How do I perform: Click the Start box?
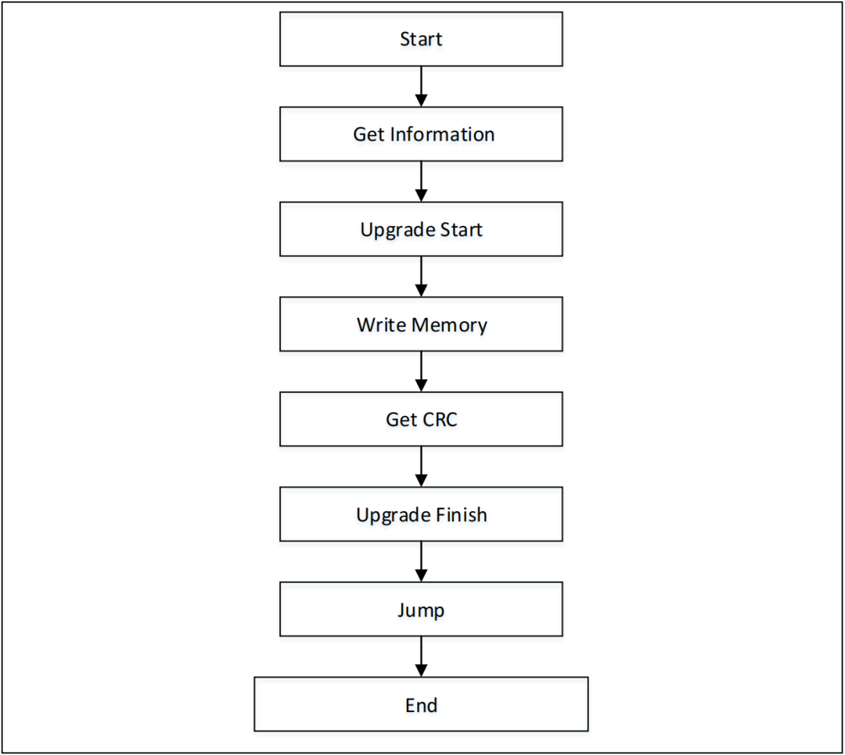[421, 39]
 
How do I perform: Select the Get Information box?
[421, 134]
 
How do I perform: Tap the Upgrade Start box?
[421, 230]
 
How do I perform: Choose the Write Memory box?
[421, 324]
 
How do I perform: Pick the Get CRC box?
[421, 420]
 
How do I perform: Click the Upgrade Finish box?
[421, 515]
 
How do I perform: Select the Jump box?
[421, 610]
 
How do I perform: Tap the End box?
[421, 705]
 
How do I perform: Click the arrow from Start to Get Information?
[421, 86]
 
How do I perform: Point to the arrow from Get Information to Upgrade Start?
[421, 181]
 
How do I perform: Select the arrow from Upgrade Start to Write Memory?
[421, 277]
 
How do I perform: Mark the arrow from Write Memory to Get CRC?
[421, 371]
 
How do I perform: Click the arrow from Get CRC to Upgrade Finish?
[421, 467]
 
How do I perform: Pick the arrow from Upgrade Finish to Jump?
[421, 562]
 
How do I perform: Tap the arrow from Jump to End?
[421, 657]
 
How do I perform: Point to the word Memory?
[451, 324]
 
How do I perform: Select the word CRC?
[439, 420]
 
